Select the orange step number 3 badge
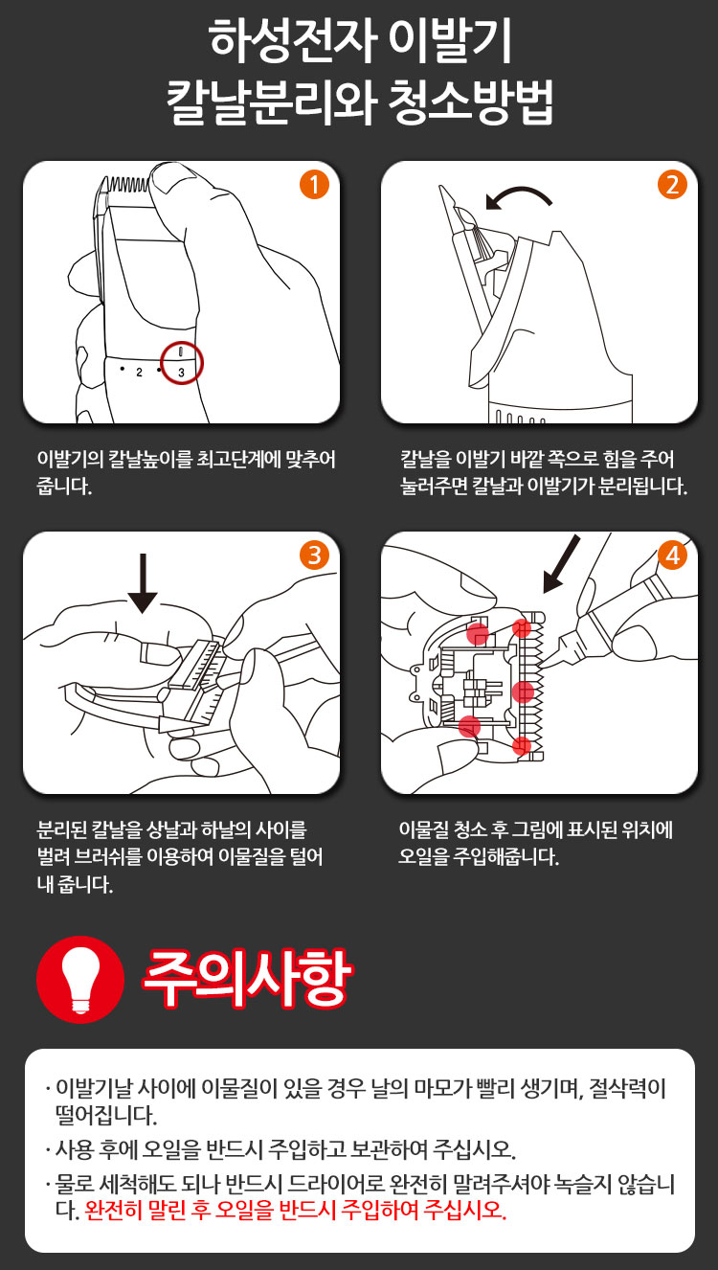[314, 556]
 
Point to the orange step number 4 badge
[672, 556]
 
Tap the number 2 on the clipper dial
[139, 373]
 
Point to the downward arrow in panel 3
[143, 583]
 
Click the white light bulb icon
[79, 978]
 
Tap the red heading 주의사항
[247, 978]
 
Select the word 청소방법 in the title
[470, 102]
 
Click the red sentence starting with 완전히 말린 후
[295, 1210]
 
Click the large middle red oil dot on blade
[523, 692]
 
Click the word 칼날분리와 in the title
[271, 102]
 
